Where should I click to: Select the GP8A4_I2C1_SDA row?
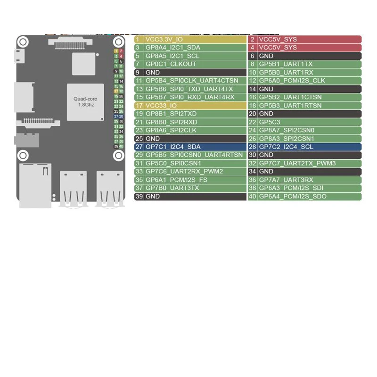tap(190, 48)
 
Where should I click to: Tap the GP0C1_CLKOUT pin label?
tap(171, 64)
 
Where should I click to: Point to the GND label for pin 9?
tap(153, 73)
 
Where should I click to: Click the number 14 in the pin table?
tap(252, 89)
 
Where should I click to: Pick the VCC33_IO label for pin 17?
tap(161, 106)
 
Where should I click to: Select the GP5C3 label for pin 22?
tap(270, 122)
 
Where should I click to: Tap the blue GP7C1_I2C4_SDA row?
tap(190, 147)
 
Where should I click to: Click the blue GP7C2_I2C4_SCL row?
tap(304, 147)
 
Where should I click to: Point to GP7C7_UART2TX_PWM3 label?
tap(297, 163)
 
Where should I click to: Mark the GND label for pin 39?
tap(153, 197)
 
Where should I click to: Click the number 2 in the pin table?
tap(252, 40)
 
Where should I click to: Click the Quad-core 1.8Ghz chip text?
tap(86, 102)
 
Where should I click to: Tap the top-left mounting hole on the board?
tap(23, 42)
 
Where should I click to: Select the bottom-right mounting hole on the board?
tap(119, 156)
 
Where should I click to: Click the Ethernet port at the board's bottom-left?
tap(35, 186)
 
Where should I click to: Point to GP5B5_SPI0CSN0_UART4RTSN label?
tap(194, 155)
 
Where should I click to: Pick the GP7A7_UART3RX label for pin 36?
tap(286, 180)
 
